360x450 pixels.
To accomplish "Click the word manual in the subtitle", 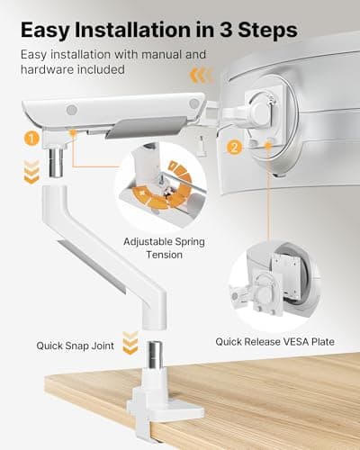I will [180, 55].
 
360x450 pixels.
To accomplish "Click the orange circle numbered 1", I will [32, 139].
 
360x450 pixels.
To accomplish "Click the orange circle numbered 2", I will [236, 147].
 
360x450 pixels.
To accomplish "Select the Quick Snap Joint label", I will [76, 344].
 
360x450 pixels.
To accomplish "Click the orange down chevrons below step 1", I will [32, 171].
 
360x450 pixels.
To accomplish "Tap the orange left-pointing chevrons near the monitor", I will [203, 75].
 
